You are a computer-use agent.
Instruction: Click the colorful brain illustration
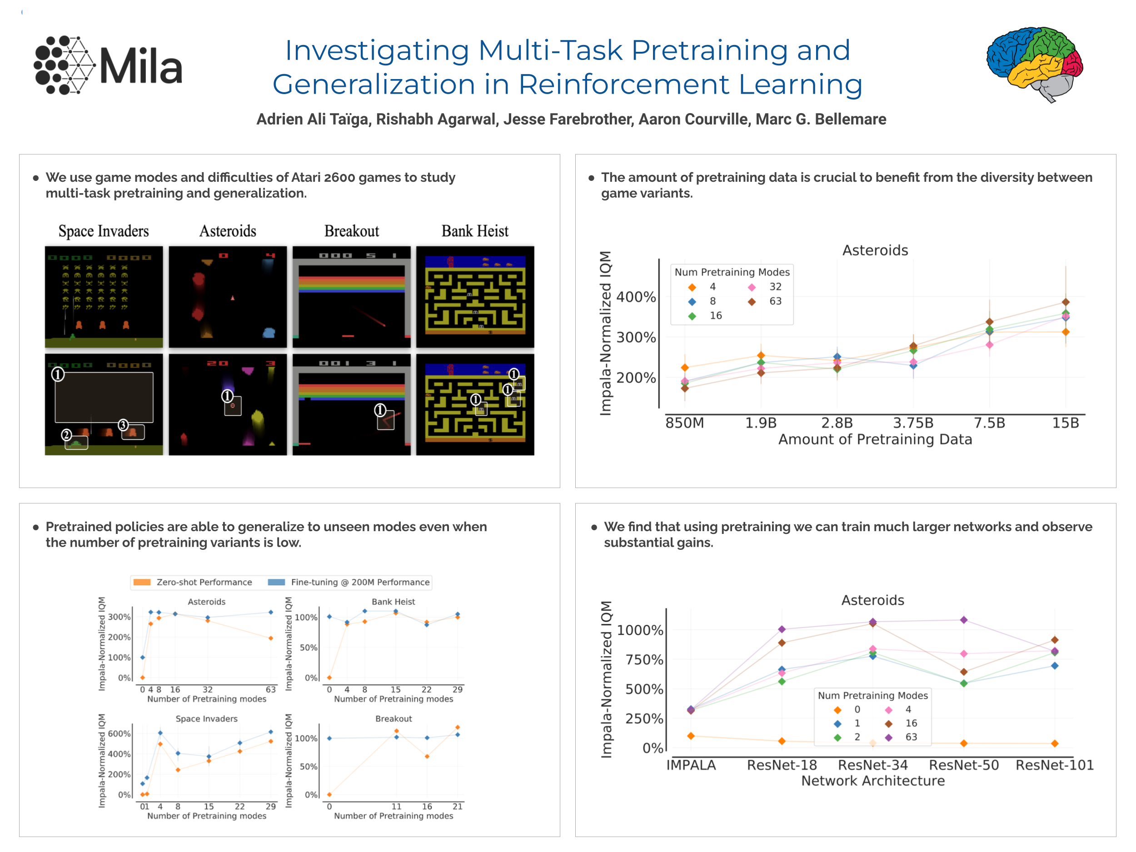pos(1034,63)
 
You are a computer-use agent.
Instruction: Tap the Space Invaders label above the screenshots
pos(103,231)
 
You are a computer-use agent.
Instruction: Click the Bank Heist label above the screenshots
pos(474,231)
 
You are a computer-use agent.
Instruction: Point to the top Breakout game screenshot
pos(351,297)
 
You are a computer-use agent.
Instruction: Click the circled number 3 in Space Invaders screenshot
pos(123,425)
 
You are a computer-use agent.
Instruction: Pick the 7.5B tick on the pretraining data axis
pos(989,423)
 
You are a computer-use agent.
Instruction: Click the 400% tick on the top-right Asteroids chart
pos(636,297)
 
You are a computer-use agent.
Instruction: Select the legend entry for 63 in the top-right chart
pos(765,301)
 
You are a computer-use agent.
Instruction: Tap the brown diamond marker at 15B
pos(1066,302)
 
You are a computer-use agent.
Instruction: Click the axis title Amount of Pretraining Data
pos(875,439)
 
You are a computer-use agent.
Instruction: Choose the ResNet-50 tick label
pos(963,765)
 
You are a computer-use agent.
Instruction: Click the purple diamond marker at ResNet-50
pos(964,620)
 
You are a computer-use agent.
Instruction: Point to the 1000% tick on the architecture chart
pos(640,630)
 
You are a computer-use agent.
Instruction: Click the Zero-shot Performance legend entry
pos(193,582)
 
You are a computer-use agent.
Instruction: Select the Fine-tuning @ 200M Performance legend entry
pos(349,582)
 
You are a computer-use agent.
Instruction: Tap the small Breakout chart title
pos(394,718)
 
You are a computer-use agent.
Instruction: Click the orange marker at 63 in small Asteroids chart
pos(271,638)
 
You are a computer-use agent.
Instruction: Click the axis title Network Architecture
pos(872,781)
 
